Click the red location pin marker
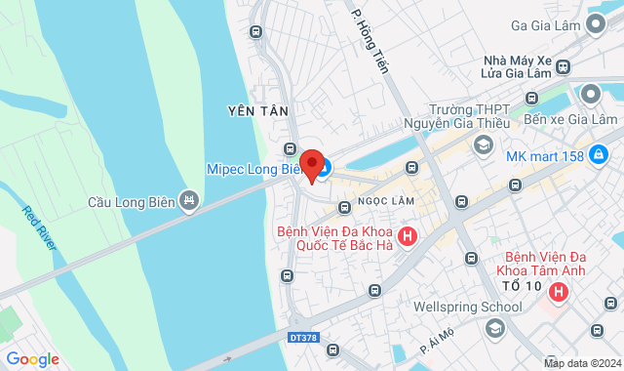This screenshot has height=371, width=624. coord(311,164)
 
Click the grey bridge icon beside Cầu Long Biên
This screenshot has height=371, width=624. coord(189,202)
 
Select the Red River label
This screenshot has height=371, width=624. coord(40,227)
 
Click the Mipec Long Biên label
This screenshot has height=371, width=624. coord(255,168)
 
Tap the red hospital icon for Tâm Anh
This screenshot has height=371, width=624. coord(559,291)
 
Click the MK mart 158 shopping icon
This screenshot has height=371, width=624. coord(600,154)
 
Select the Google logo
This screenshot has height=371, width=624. coord(32,359)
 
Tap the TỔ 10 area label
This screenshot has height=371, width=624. coord(520,284)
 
